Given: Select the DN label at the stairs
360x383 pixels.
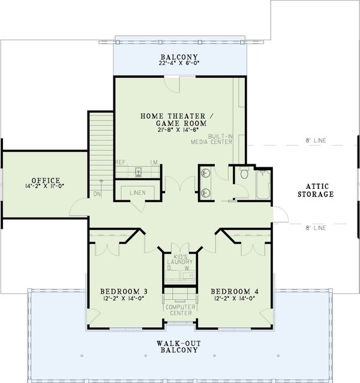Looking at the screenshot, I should [x=97, y=193].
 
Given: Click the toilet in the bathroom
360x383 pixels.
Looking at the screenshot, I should [x=244, y=174].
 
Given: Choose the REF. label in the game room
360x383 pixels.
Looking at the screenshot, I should [x=121, y=162].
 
